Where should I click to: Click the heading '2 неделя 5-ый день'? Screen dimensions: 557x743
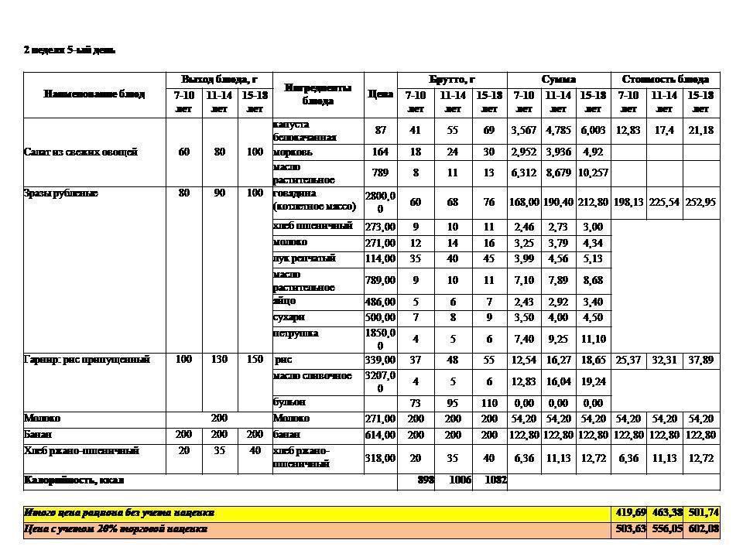tap(70, 50)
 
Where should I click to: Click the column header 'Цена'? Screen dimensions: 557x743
tap(380, 94)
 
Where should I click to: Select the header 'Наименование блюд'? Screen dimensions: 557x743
tap(94, 94)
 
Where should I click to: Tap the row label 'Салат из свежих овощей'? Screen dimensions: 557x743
tap(80, 152)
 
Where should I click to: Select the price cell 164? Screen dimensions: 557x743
tap(380, 152)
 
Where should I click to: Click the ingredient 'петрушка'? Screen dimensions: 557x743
tap(295, 333)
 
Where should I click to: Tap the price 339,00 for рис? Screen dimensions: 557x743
tap(380, 361)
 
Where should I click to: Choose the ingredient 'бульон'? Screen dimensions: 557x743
tap(289, 403)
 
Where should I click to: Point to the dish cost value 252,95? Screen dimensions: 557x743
tap(700, 203)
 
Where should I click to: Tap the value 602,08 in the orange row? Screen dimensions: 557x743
tap(702, 529)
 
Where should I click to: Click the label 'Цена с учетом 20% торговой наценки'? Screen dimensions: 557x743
tap(116, 529)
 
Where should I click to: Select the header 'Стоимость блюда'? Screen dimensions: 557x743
tap(664, 80)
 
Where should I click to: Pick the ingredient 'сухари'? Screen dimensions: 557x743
tap(289, 317)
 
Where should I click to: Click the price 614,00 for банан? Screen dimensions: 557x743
tap(380, 436)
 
